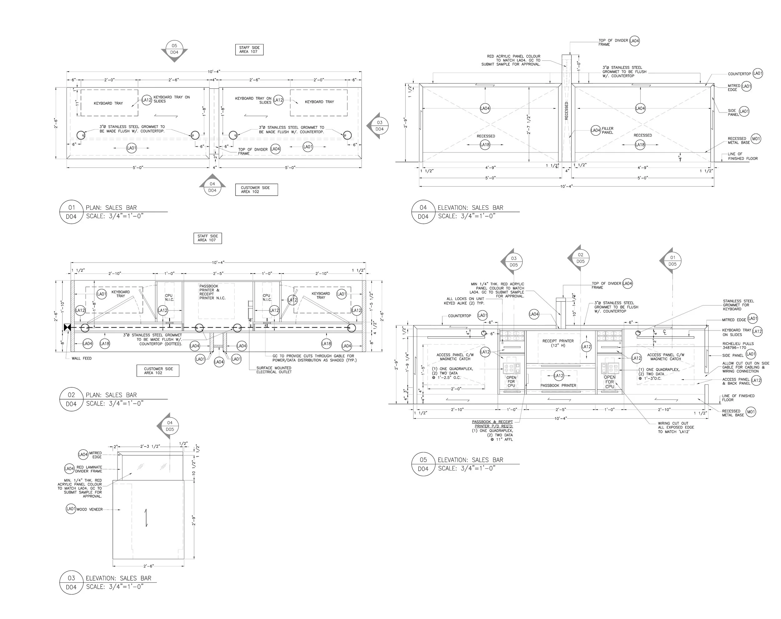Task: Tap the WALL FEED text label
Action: coord(82,358)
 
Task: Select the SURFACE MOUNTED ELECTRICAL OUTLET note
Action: coord(274,370)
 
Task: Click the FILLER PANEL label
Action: coord(607,130)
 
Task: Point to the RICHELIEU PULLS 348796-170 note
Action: coord(738,345)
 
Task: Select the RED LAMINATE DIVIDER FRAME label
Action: coord(89,469)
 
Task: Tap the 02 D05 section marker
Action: coord(580,258)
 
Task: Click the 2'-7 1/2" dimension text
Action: coord(528,124)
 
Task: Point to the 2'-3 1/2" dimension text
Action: coord(150,446)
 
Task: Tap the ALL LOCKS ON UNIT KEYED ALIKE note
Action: coord(465,301)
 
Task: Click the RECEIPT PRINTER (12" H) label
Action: coord(558,343)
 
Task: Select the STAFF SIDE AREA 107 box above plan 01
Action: coord(249,50)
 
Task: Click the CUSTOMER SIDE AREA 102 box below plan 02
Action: coord(158,370)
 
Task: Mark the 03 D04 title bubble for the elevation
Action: coord(71,582)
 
